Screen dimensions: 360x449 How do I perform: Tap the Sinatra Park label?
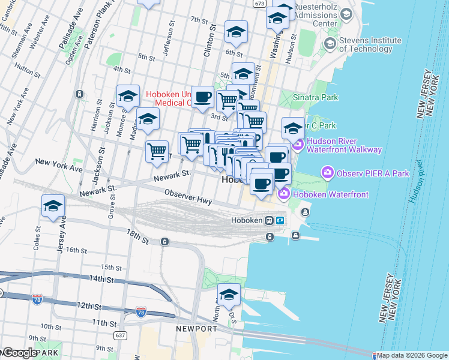[315, 97]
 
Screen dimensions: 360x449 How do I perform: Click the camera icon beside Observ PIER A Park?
[327, 173]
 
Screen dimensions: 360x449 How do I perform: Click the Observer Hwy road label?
[188, 197]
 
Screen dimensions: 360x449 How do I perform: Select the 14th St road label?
[101, 279]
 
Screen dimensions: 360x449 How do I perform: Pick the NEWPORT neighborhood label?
[196, 329]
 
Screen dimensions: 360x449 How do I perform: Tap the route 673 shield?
[259, 4]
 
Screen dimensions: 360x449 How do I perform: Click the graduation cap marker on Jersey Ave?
[53, 206]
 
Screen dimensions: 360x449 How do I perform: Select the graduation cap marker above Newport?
[229, 295]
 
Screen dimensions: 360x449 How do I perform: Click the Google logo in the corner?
[20, 353]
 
